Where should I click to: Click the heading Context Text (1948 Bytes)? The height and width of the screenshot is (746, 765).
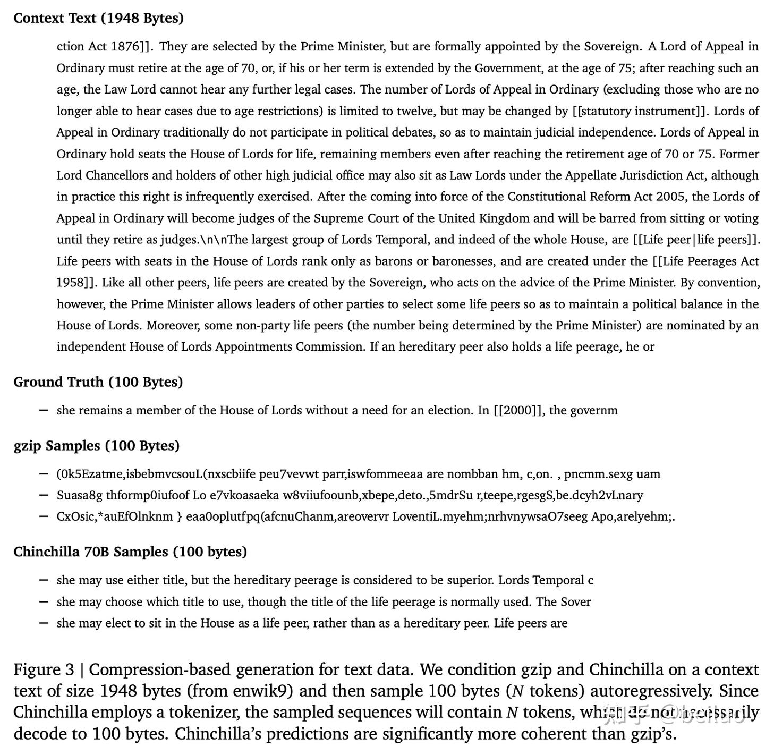(98, 18)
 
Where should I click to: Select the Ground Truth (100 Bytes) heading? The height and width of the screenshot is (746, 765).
(98, 382)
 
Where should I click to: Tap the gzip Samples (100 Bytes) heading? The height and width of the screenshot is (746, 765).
(96, 445)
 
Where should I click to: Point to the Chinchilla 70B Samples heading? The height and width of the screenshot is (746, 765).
(130, 552)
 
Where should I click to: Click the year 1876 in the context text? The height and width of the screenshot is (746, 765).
(125, 47)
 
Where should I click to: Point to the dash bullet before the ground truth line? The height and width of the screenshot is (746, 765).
(45, 410)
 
